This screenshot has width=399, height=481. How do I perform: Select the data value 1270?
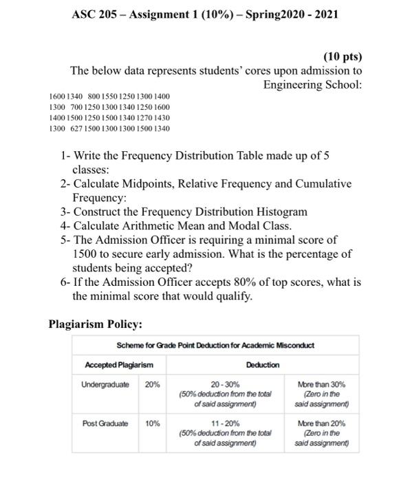(142, 118)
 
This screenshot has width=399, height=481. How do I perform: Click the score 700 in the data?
(72, 108)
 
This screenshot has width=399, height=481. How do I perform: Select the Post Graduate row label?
(106, 425)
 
